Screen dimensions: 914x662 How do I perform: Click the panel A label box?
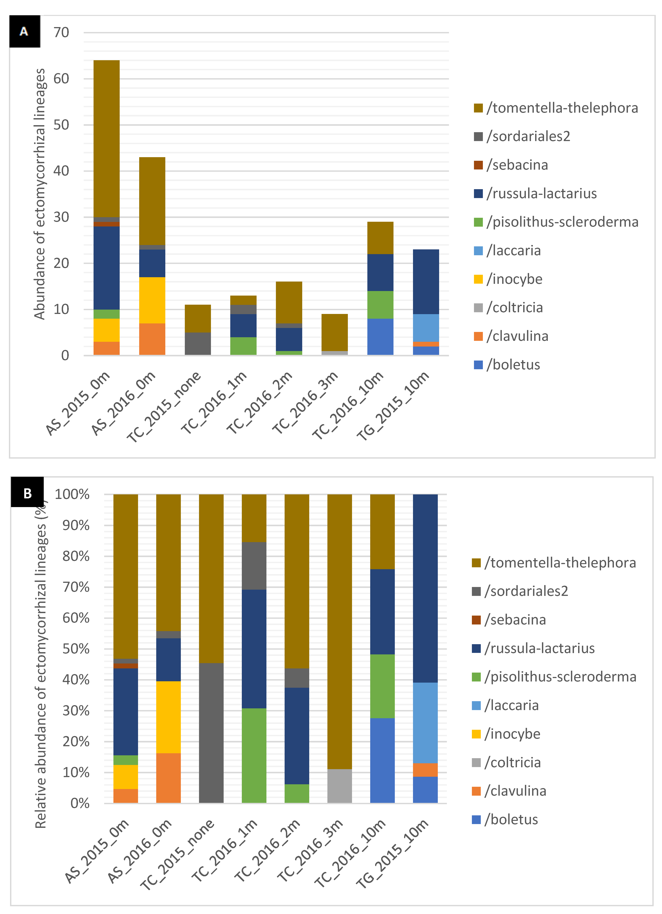pos(25,31)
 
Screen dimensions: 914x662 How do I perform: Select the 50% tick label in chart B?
pos(76,649)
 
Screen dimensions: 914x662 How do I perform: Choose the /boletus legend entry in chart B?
pos(511,819)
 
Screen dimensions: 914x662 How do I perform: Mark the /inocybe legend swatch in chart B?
pos(476,734)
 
